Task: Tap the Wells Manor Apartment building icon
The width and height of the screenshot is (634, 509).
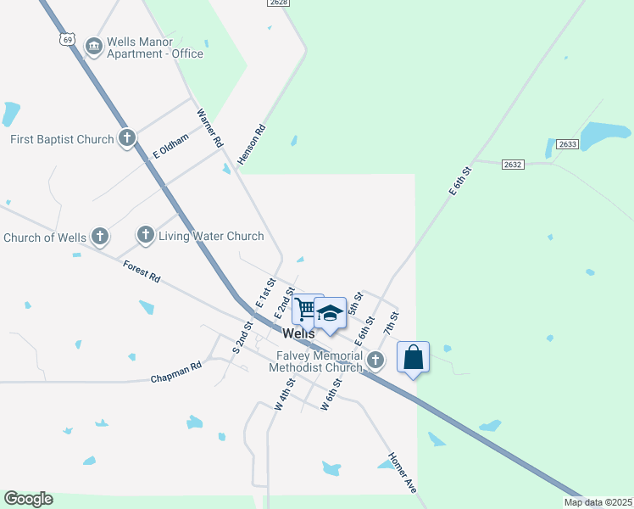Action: coord(94,44)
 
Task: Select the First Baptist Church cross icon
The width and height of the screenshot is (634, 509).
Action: coord(127,137)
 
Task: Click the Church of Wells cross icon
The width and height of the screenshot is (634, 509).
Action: coord(100,236)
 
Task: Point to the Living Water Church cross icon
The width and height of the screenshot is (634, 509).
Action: coord(145,234)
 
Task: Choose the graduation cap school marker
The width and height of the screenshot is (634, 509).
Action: coord(330,313)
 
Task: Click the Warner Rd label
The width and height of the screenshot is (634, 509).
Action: coord(209,128)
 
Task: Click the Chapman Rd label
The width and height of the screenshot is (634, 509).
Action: coord(175,372)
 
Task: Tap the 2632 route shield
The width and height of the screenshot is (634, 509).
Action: coord(513,164)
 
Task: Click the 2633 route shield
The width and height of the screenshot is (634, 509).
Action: coord(568,144)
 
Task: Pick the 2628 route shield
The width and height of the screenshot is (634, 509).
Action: coord(278,3)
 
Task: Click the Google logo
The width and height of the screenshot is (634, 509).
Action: coord(28,499)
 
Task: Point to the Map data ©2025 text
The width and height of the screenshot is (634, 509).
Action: coord(598,502)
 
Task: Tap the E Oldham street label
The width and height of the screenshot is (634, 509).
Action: coord(168,149)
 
